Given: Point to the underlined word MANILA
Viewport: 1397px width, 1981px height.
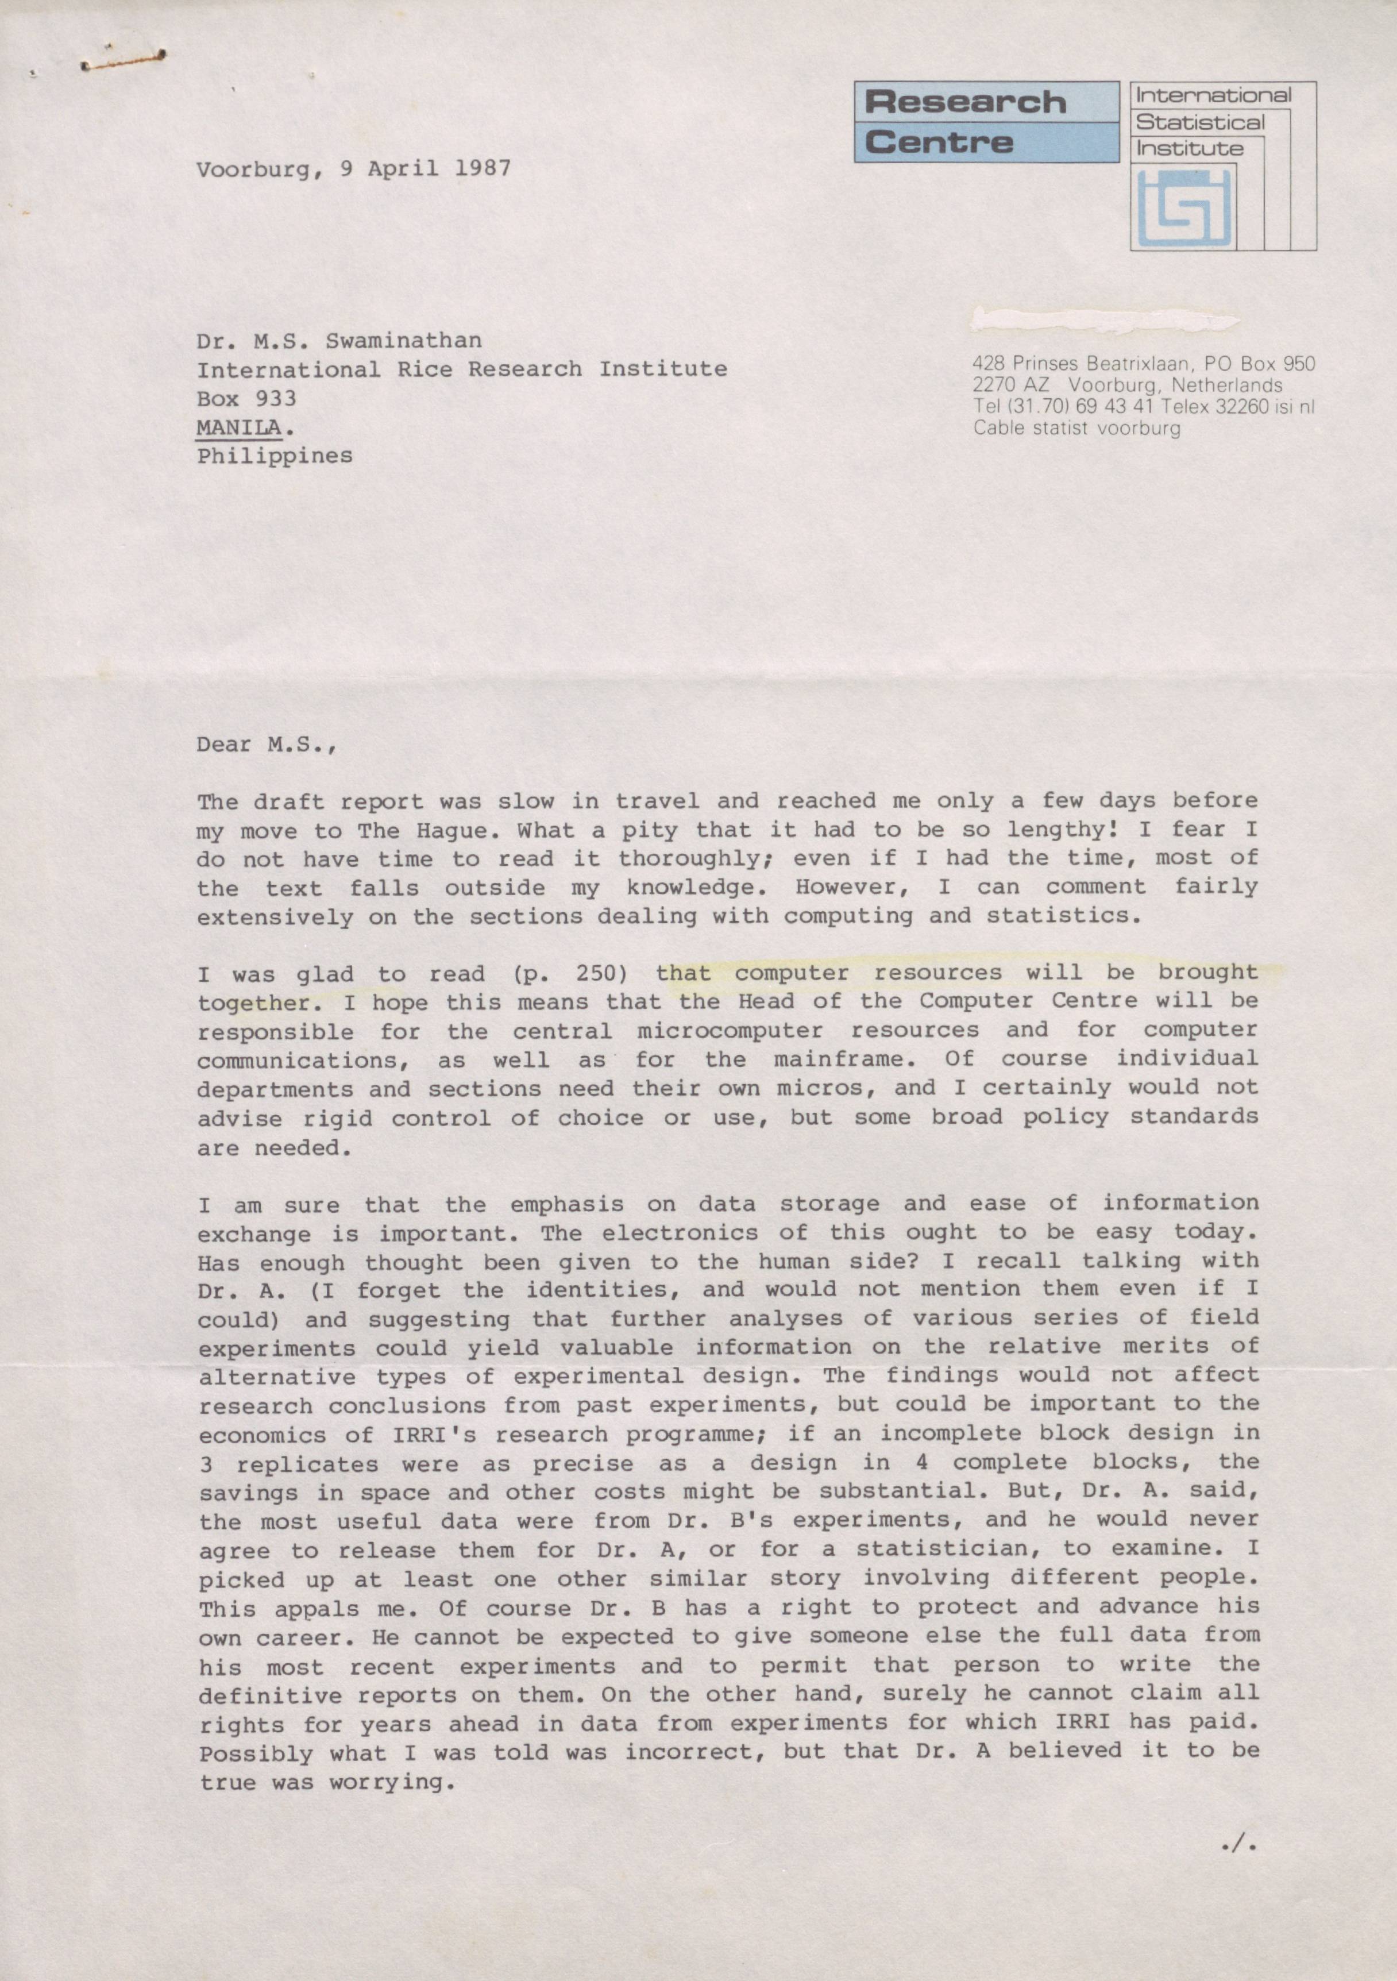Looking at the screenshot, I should [239, 426].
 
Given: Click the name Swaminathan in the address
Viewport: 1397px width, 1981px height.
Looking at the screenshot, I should [403, 340].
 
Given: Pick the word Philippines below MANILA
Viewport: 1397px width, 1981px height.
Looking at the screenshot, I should [275, 456].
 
